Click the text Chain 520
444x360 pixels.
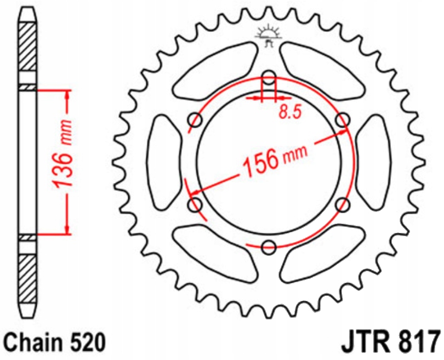[x=55, y=342]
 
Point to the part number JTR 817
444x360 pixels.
[x=391, y=342]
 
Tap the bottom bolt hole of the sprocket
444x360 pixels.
[x=269, y=247]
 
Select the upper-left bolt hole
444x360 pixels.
[x=195, y=120]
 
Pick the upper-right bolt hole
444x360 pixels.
[x=343, y=120]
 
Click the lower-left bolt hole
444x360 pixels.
[x=195, y=204]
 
